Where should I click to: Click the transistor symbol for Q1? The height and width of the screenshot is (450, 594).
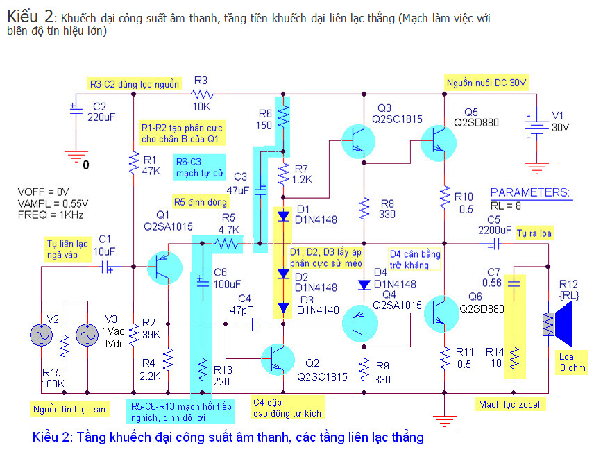click(164, 267)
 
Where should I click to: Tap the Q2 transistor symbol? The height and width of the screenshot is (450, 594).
click(278, 360)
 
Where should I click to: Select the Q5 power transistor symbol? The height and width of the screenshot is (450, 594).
click(439, 143)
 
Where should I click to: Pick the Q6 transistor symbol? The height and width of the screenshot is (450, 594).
click(441, 314)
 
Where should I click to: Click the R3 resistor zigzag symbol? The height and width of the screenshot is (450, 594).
click(202, 94)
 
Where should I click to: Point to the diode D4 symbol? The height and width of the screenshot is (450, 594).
click(364, 285)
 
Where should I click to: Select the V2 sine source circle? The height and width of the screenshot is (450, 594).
click(42, 335)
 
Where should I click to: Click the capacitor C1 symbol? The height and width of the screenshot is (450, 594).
click(106, 267)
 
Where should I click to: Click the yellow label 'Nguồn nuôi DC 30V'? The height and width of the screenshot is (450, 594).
click(486, 83)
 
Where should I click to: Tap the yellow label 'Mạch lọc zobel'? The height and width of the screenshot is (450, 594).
click(510, 404)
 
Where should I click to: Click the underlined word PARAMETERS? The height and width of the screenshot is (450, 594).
click(530, 192)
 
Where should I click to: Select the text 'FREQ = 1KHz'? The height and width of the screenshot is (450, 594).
click(51, 215)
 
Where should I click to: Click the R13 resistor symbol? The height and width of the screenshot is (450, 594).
click(203, 369)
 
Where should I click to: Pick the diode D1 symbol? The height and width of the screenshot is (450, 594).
click(283, 216)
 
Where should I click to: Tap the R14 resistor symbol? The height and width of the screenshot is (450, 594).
click(514, 358)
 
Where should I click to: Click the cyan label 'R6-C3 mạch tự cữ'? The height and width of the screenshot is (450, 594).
click(200, 167)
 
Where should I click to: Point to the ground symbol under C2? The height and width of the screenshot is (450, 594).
click(76, 156)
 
